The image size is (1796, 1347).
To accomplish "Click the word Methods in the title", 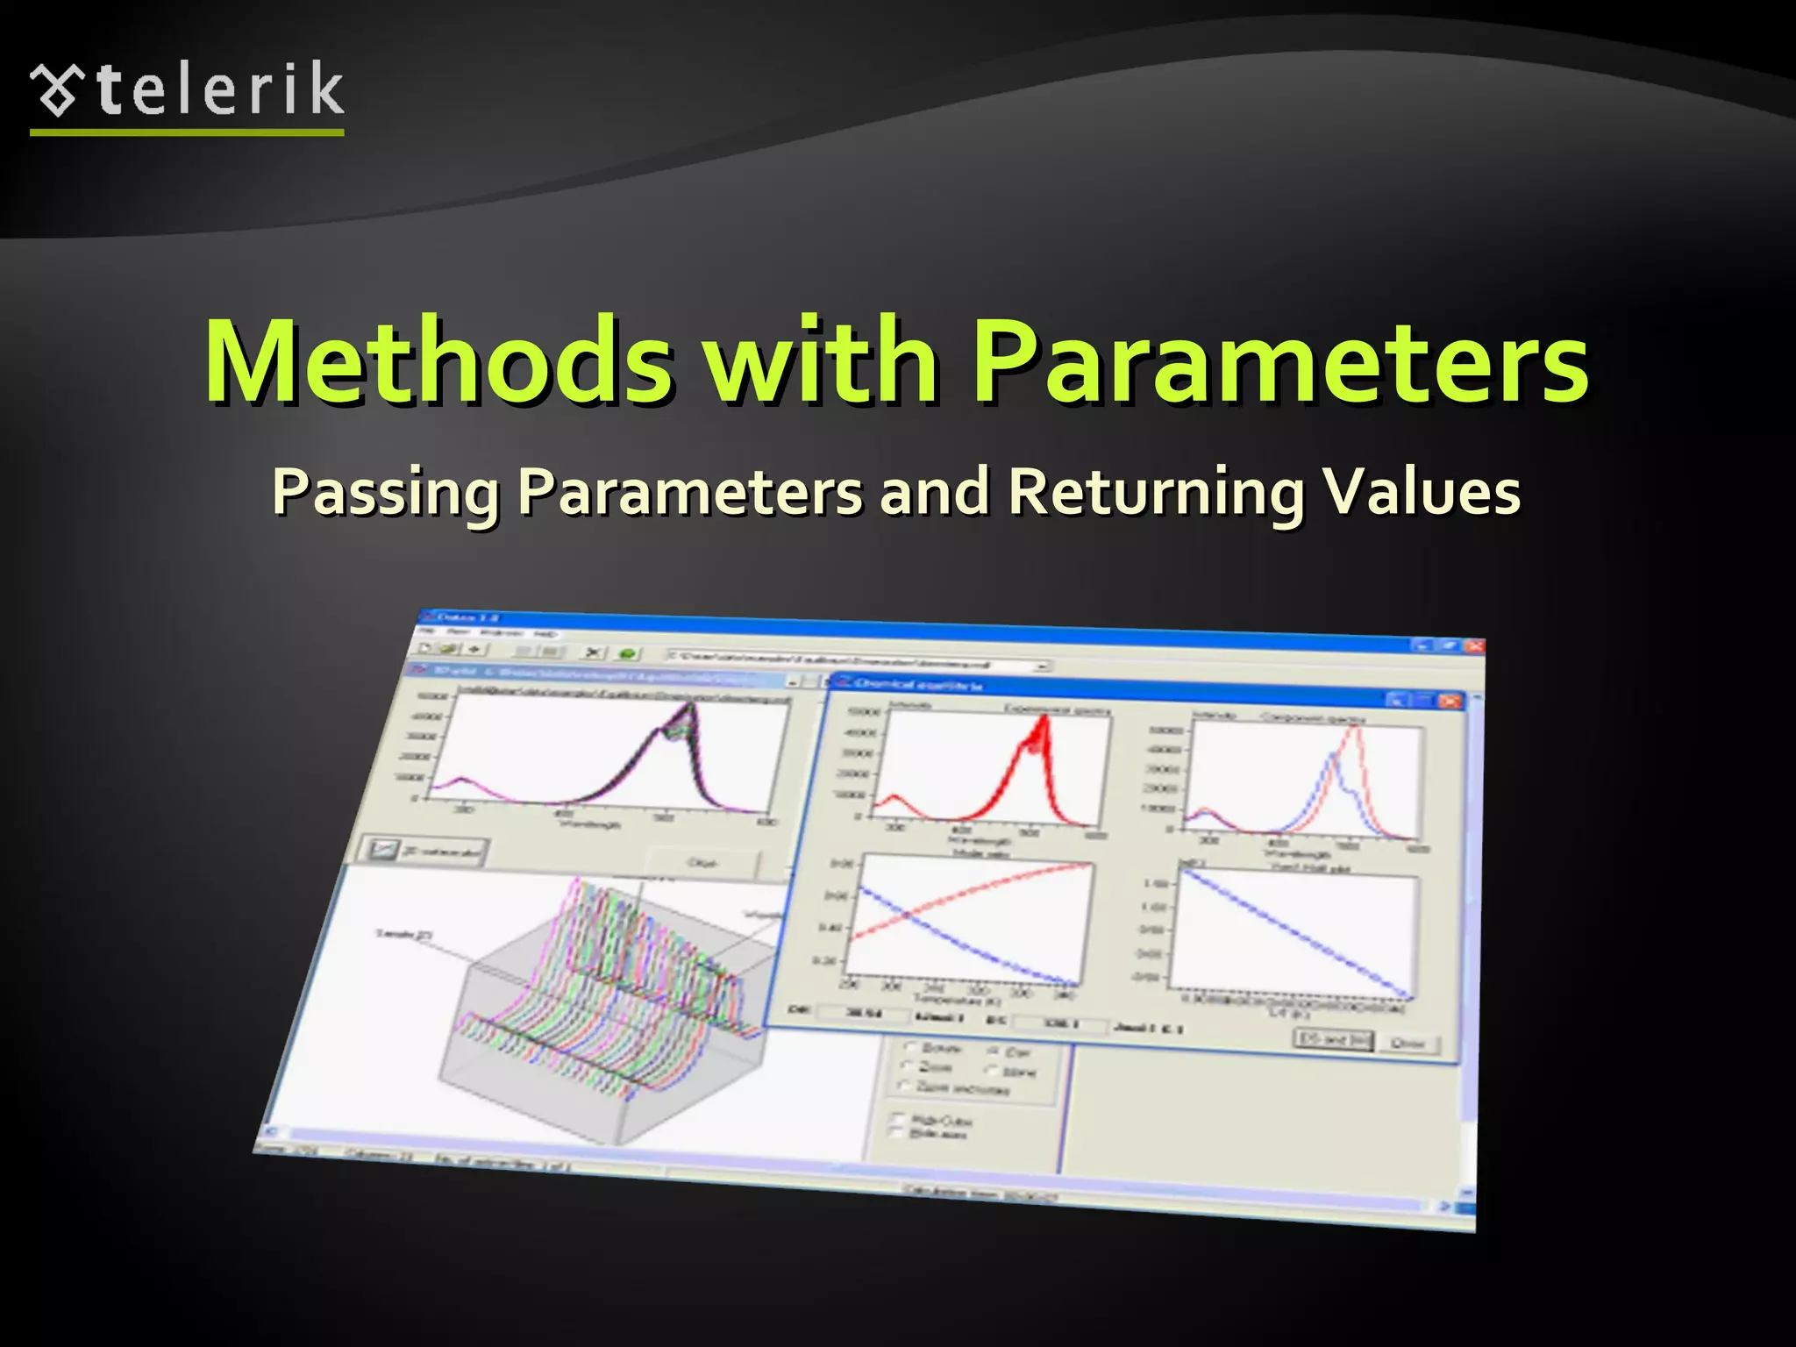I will tap(438, 361).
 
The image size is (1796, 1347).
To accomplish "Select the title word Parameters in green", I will tap(1280, 363).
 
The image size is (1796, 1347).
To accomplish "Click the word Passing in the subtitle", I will tap(386, 493).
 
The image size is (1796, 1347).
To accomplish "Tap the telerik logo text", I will tap(219, 89).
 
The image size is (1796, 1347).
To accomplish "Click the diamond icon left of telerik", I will tap(58, 90).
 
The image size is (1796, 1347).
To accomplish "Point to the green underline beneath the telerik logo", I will tap(186, 132).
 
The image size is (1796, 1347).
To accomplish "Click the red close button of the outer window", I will tap(1474, 646).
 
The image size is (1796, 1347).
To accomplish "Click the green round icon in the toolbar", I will tap(627, 653).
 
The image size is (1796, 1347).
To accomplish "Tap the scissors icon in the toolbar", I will tap(594, 652).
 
